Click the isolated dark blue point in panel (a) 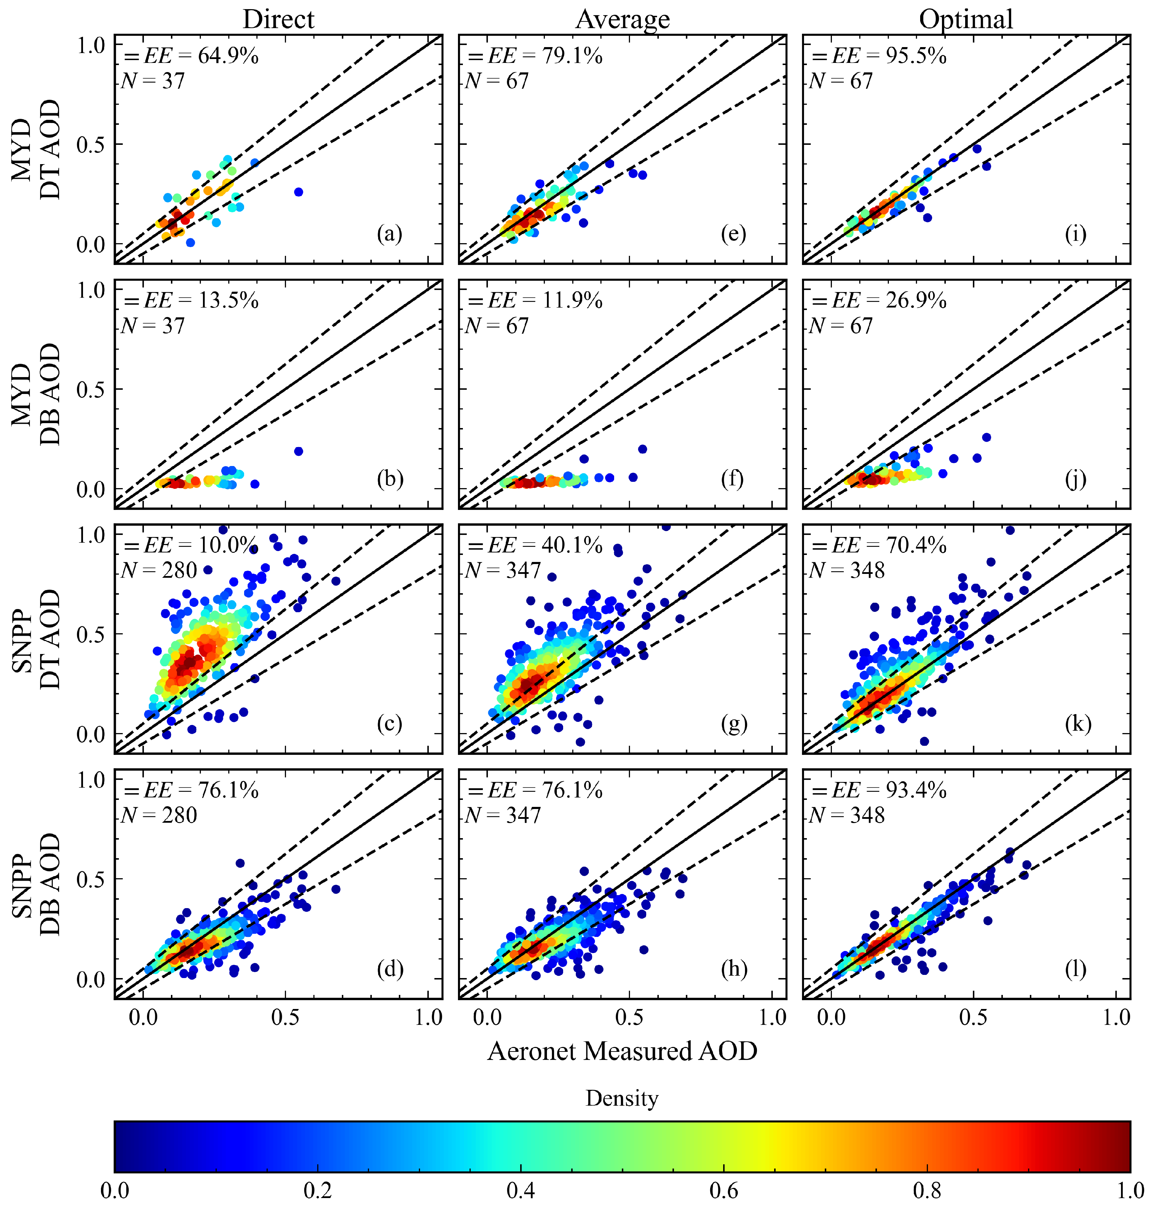coord(299,192)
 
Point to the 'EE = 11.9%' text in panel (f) coord(544,300)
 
